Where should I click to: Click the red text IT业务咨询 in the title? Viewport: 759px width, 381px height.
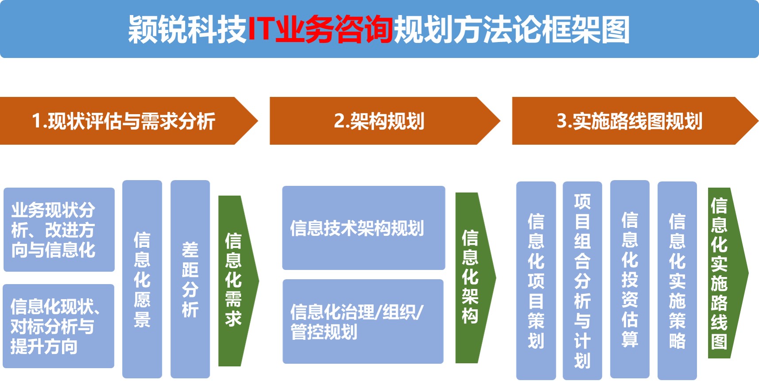pyautogui.click(x=321, y=29)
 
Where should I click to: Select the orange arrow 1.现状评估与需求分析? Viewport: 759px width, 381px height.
pyautogui.click(x=129, y=121)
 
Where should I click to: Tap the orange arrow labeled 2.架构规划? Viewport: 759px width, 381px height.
pyautogui.click(x=385, y=121)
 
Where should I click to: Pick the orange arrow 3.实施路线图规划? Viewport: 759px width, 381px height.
pyautogui.click(x=635, y=121)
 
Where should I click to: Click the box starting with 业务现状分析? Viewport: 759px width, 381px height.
pyautogui.click(x=59, y=230)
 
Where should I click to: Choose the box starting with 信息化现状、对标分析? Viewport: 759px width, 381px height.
pyautogui.click(x=58, y=326)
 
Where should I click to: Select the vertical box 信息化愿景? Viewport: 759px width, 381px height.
pyautogui.click(x=142, y=279)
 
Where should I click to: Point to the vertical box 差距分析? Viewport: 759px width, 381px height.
pyautogui.click(x=190, y=279)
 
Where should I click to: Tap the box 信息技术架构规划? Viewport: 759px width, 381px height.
pyautogui.click(x=364, y=228)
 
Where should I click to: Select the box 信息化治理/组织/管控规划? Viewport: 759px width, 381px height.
pyautogui.click(x=363, y=321)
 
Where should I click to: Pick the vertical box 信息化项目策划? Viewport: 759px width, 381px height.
pyautogui.click(x=536, y=281)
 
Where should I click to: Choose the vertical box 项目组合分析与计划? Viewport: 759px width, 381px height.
pyautogui.click(x=582, y=281)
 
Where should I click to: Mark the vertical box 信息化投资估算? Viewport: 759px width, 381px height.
pyautogui.click(x=630, y=279)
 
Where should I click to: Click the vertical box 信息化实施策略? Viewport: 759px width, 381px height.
pyautogui.click(x=678, y=281)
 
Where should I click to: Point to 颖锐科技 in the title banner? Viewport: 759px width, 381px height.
pyautogui.click(x=187, y=29)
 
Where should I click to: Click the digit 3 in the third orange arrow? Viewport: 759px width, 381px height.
pyautogui.click(x=562, y=121)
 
